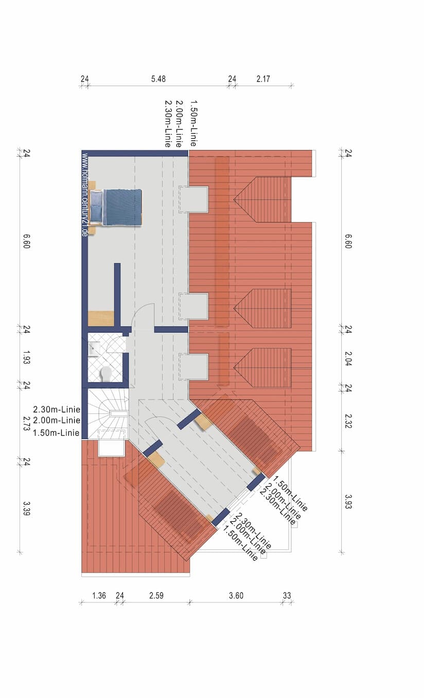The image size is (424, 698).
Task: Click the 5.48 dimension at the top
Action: click(158, 79)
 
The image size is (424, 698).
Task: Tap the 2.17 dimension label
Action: click(263, 79)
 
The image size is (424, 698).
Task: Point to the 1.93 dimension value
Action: click(27, 357)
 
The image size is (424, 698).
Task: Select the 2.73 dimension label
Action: click(27, 424)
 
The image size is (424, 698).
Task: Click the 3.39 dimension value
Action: click(27, 508)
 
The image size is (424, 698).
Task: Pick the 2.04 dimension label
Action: click(348, 359)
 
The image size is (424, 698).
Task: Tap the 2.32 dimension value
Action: click(348, 421)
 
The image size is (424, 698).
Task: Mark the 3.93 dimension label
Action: click(348, 501)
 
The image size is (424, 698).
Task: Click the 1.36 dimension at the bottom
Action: click(99, 596)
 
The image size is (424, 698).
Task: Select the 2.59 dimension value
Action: click(156, 596)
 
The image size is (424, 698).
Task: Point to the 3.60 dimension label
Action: click(236, 596)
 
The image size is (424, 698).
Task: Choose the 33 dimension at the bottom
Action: click(287, 596)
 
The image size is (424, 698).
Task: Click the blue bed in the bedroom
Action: click(116, 207)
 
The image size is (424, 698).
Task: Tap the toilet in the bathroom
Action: click(107, 373)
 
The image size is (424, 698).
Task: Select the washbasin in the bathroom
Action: click(94, 350)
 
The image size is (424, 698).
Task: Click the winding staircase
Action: click(108, 414)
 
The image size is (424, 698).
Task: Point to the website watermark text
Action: click(84, 194)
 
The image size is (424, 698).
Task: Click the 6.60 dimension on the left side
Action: click(27, 242)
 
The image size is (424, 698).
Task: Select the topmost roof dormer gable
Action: click(262, 199)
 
